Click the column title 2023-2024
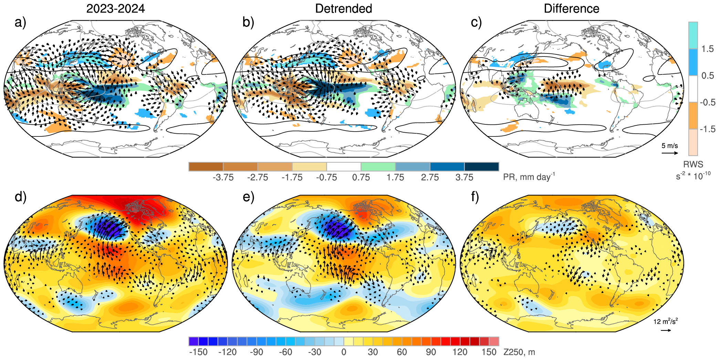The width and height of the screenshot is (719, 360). point(115,9)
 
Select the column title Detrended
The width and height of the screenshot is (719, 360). point(343,9)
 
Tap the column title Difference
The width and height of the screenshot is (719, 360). point(571,9)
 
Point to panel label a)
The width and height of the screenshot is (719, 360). point(20,22)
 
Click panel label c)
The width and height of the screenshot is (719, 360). point(476,22)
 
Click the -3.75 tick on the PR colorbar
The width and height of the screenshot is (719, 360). point(223,177)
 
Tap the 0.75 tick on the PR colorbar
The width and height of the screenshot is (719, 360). point(361,177)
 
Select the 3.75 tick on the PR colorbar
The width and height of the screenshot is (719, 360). point(464,177)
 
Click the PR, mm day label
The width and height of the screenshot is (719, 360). point(529,177)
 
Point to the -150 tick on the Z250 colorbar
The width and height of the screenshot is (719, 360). point(198,352)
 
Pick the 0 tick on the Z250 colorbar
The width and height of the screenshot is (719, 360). point(344,352)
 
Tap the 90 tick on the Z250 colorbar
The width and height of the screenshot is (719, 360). point(431,352)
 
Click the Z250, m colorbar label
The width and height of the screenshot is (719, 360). point(519,352)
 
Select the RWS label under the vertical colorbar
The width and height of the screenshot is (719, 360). point(693,164)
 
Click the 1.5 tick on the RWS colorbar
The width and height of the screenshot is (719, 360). point(708,49)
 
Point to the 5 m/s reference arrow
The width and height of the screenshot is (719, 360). point(669,153)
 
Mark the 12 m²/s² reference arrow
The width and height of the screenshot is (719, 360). point(666,330)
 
